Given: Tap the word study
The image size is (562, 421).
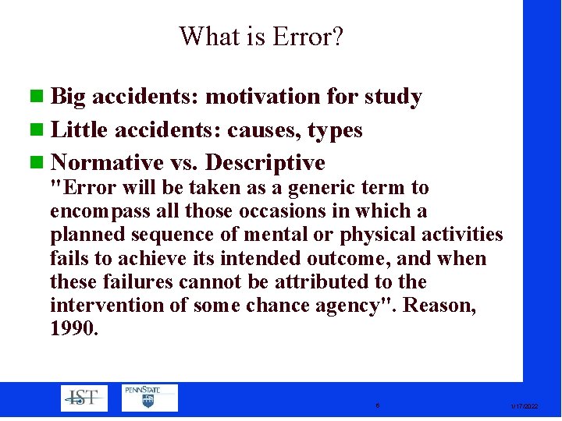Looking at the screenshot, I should point(392,97).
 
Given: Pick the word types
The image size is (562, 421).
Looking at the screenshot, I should point(336,131).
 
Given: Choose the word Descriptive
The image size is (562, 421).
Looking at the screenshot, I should point(265,163).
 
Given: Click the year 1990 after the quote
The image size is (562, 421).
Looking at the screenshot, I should point(74,328).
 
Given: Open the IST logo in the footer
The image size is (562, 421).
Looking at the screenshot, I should point(84,398).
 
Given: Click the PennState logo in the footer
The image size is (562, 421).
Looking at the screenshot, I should point(149,398).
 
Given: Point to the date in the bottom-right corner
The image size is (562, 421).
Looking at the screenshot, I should point(524,406).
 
